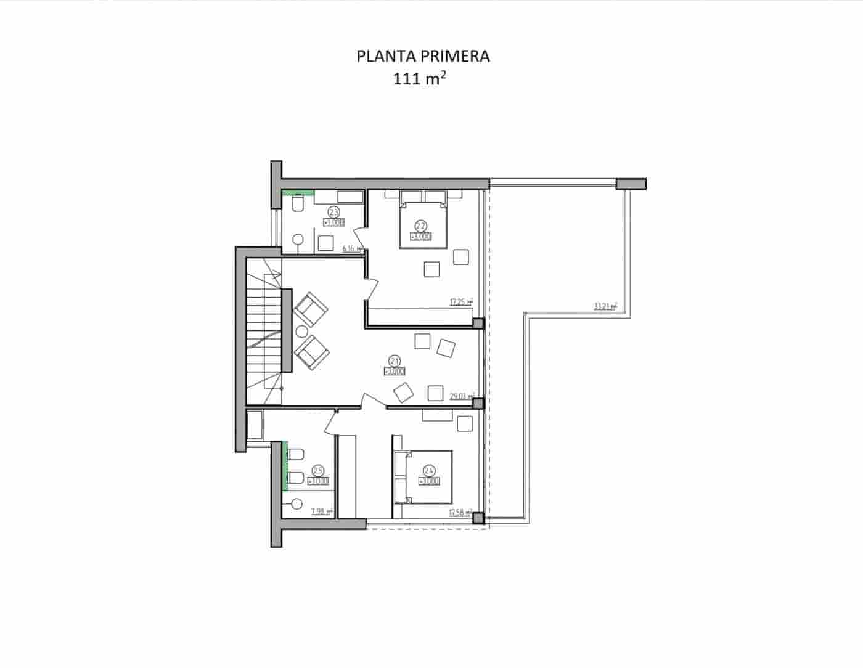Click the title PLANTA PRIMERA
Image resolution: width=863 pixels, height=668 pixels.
click(x=423, y=56)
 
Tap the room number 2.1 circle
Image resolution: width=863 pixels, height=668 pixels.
click(x=395, y=360)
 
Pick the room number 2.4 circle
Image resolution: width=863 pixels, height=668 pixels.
click(x=429, y=470)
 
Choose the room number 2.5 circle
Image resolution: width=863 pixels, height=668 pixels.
click(x=319, y=470)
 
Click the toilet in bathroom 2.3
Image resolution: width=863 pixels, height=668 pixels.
click(x=297, y=203)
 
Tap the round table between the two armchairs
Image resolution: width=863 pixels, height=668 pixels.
click(x=302, y=331)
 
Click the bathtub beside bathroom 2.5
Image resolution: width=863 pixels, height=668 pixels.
click(x=255, y=425)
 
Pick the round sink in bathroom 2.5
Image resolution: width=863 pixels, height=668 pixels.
click(x=297, y=503)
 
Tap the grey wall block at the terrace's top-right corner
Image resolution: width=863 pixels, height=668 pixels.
click(x=631, y=183)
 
